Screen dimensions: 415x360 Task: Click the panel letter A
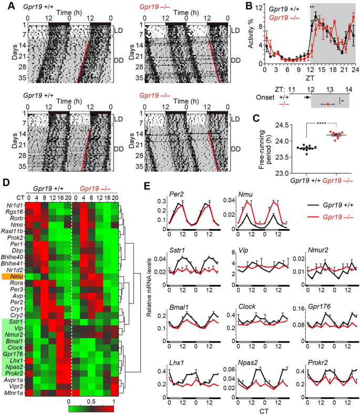coord(6,6)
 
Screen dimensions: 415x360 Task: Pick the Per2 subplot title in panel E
coord(176,194)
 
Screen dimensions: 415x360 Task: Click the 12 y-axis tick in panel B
coord(258,8)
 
